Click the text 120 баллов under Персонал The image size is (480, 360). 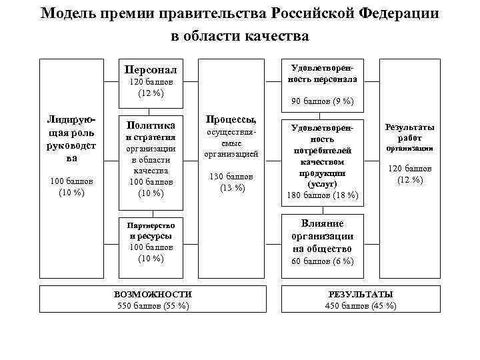tap(151, 82)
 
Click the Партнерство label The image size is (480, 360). tap(151, 225)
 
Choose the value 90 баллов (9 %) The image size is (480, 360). tap(323, 101)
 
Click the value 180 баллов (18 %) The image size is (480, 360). tap(323, 195)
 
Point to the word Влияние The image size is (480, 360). tap(323, 224)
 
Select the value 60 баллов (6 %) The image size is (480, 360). tap(323, 261)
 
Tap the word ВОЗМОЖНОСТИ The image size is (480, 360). tap(153, 294)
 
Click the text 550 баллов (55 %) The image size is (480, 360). tap(153, 305)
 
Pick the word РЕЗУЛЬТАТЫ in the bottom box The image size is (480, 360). tap(361, 294)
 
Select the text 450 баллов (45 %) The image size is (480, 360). tap(361, 305)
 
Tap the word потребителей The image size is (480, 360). tap(323, 151)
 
